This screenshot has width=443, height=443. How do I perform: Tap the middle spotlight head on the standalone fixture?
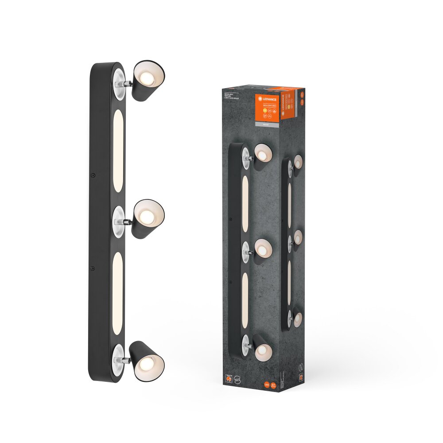click(148, 218)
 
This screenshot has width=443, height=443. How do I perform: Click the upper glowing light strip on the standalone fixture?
click(118, 151)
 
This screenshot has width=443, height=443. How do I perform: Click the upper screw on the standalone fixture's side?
click(93, 175)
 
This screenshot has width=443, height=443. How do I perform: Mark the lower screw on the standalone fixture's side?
click(92, 268)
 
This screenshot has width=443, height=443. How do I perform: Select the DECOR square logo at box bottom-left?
click(228, 379)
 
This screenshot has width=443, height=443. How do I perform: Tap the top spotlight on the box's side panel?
click(297, 162)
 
